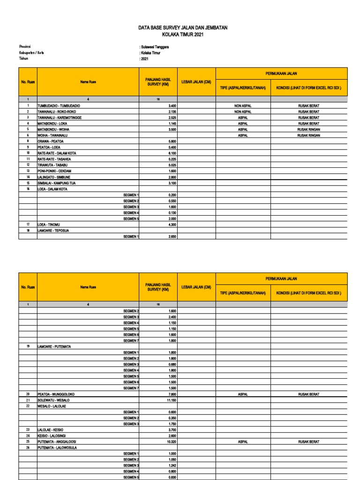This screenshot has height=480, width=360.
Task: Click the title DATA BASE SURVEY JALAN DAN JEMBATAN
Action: point(183,28)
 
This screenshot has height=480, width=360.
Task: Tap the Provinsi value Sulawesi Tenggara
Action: point(155,47)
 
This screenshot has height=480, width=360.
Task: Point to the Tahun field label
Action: point(24,59)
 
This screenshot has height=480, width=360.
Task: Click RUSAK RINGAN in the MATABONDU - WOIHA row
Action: point(308,129)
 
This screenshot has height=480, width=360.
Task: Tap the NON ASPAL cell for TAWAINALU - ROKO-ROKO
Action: point(243,112)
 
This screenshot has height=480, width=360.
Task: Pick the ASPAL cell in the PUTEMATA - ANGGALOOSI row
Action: point(243,442)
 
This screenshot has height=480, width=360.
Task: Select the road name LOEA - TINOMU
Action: point(49,225)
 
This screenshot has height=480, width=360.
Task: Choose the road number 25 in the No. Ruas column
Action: point(28,442)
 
